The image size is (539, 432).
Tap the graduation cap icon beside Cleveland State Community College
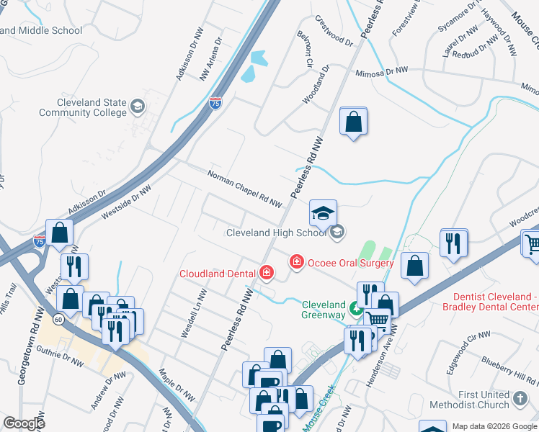[x=138, y=108]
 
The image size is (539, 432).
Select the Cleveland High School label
[x=277, y=233]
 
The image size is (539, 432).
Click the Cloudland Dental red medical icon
[x=267, y=272]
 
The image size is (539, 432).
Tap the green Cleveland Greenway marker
[x=355, y=310]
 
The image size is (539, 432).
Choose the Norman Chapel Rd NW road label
[x=244, y=189]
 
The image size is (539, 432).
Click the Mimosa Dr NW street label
[x=380, y=72]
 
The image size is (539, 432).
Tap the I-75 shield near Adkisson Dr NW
[x=215, y=104]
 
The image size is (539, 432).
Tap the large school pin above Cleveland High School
[x=323, y=212]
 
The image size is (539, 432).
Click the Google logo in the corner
[x=24, y=423]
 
